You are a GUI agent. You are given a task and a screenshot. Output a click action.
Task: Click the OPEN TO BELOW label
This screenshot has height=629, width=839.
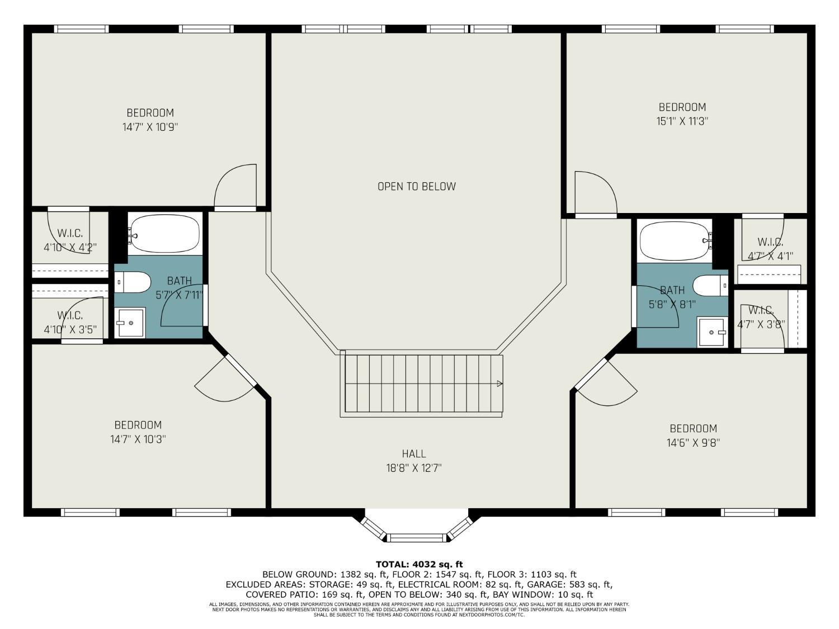pos(416,186)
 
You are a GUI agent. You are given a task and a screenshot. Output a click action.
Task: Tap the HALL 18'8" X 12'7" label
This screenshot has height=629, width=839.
pos(414,461)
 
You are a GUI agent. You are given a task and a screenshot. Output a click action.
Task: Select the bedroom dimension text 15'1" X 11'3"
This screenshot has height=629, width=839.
pos(682,121)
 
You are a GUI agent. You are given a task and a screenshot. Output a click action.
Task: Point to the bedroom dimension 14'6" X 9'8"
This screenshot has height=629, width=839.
pos(693,443)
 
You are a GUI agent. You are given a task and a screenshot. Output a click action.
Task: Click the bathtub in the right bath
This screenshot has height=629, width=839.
pos(674,240)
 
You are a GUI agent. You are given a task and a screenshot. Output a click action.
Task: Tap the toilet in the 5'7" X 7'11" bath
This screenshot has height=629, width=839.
pos(133,282)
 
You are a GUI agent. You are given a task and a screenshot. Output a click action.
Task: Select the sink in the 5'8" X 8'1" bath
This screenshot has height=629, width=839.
pos(712,332)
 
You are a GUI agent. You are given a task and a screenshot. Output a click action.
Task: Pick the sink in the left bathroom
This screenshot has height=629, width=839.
pos(130,323)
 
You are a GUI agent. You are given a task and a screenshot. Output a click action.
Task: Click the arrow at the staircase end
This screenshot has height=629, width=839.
pos(499,384)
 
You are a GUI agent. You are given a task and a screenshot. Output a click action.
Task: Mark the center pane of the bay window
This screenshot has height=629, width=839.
pos(417,538)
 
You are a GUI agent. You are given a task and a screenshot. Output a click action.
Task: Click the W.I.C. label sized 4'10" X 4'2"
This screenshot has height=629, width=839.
pos(70,240)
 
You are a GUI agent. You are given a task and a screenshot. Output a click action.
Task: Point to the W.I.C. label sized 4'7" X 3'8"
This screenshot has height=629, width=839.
pos(761,317)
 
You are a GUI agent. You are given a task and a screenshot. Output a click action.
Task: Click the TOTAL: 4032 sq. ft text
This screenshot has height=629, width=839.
pos(419,564)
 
